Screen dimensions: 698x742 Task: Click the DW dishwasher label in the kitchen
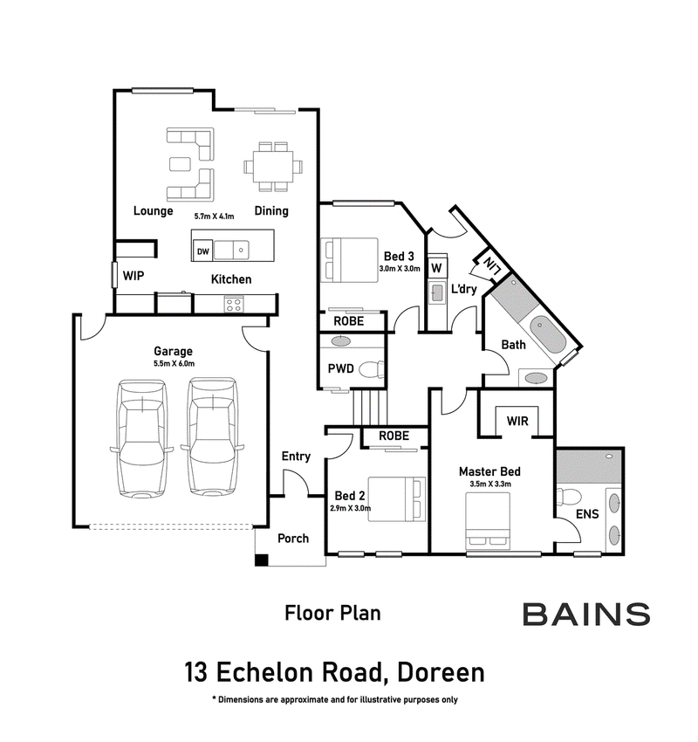pos(203,251)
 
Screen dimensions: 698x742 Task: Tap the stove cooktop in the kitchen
pos(234,305)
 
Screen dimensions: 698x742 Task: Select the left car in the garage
pos(142,438)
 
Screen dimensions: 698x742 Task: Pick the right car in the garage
pos(212,436)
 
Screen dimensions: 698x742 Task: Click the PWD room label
pos(340,368)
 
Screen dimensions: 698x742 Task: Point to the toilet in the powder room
pos(372,369)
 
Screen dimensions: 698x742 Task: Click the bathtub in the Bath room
pos(547,334)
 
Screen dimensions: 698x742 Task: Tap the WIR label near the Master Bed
pos(517,421)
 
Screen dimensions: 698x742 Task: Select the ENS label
pos(587,513)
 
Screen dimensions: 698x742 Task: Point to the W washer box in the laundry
pos(436,268)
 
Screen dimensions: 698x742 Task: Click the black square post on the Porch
pos(262,560)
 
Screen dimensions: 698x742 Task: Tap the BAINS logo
pos(586,615)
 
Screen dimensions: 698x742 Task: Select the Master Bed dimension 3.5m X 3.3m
pos(490,484)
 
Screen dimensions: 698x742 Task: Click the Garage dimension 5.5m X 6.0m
pos(174,363)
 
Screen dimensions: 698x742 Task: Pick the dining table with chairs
pos(273,167)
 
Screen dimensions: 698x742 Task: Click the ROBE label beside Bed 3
pos(348,321)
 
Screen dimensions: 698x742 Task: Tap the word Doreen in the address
pos(441,672)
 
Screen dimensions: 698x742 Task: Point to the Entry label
pos(296,457)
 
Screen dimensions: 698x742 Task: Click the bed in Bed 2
pos(397,499)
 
